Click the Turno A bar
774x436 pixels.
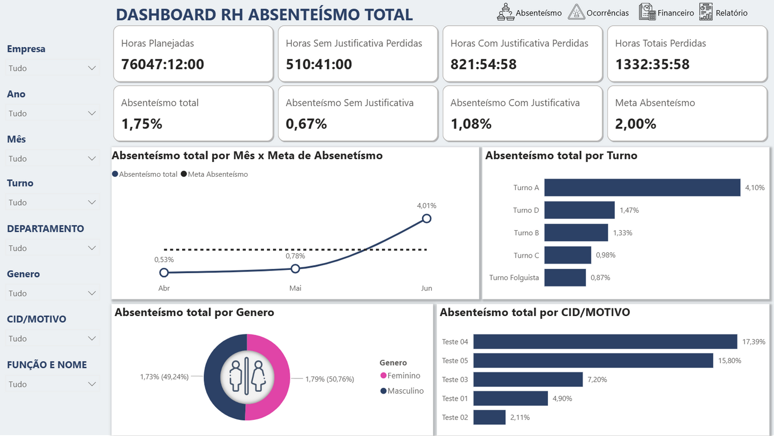[642, 187]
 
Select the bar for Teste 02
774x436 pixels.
[489, 417]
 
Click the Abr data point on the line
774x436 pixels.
[164, 273]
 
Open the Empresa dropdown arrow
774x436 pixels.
[92, 68]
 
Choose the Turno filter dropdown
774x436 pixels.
[52, 202]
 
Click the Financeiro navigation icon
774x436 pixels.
[647, 12]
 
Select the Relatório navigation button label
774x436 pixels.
[731, 13]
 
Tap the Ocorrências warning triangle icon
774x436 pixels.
[576, 12]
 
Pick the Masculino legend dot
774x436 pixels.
[384, 391]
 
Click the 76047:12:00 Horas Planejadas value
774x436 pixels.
[162, 64]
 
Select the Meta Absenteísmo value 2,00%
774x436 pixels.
[635, 124]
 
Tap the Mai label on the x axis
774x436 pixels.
[295, 288]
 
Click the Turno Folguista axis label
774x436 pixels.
[514, 277]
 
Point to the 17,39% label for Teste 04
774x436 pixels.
[753, 342]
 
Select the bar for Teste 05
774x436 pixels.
[593, 360]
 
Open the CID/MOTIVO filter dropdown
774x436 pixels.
[52, 339]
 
